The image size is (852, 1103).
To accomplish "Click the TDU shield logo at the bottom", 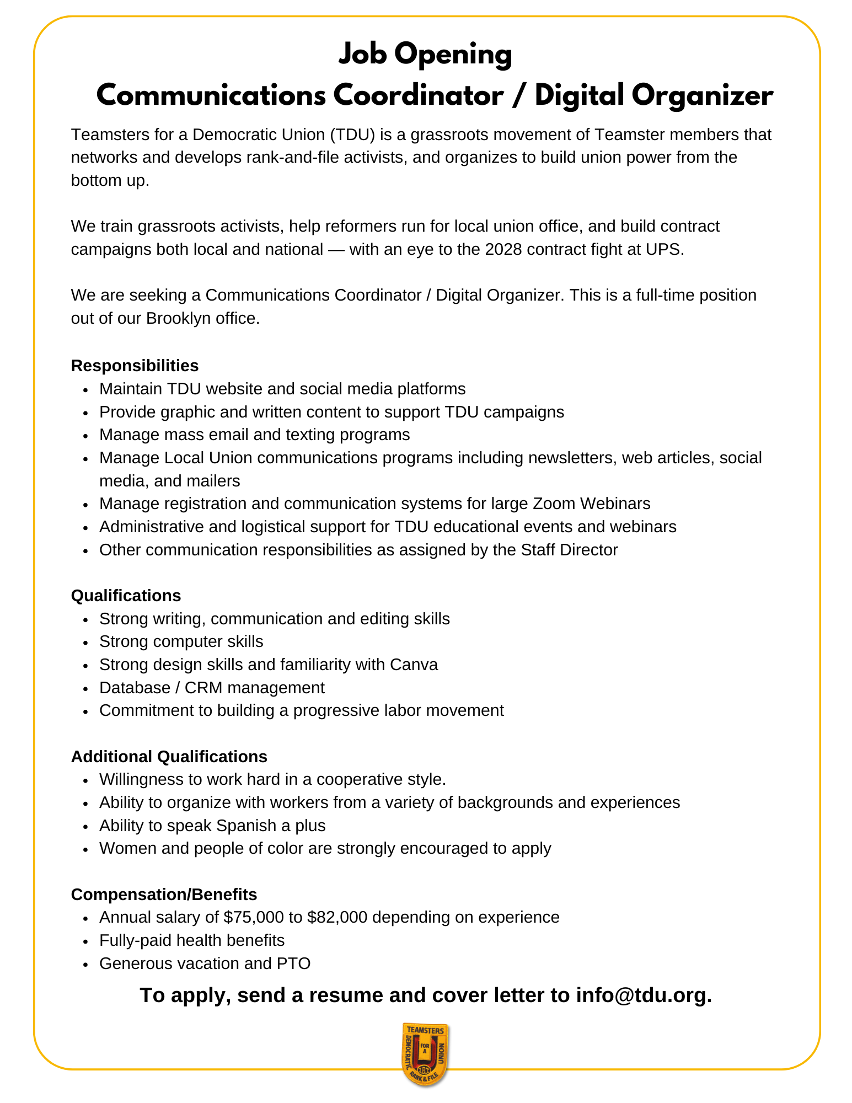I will pyautogui.click(x=425, y=1054).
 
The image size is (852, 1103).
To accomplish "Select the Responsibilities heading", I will pyautogui.click(x=135, y=366).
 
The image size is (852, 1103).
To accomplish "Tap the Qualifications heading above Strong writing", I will pyautogui.click(x=126, y=596).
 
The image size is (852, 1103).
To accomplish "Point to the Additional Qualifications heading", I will pyautogui.click(x=169, y=756).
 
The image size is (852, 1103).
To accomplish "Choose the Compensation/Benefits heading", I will pyautogui.click(x=164, y=894).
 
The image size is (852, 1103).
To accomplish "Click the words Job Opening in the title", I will pyautogui.click(x=425, y=55).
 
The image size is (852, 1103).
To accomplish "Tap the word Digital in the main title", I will pyautogui.click(x=579, y=95).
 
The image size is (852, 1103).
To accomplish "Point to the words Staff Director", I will pyautogui.click(x=569, y=550).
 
